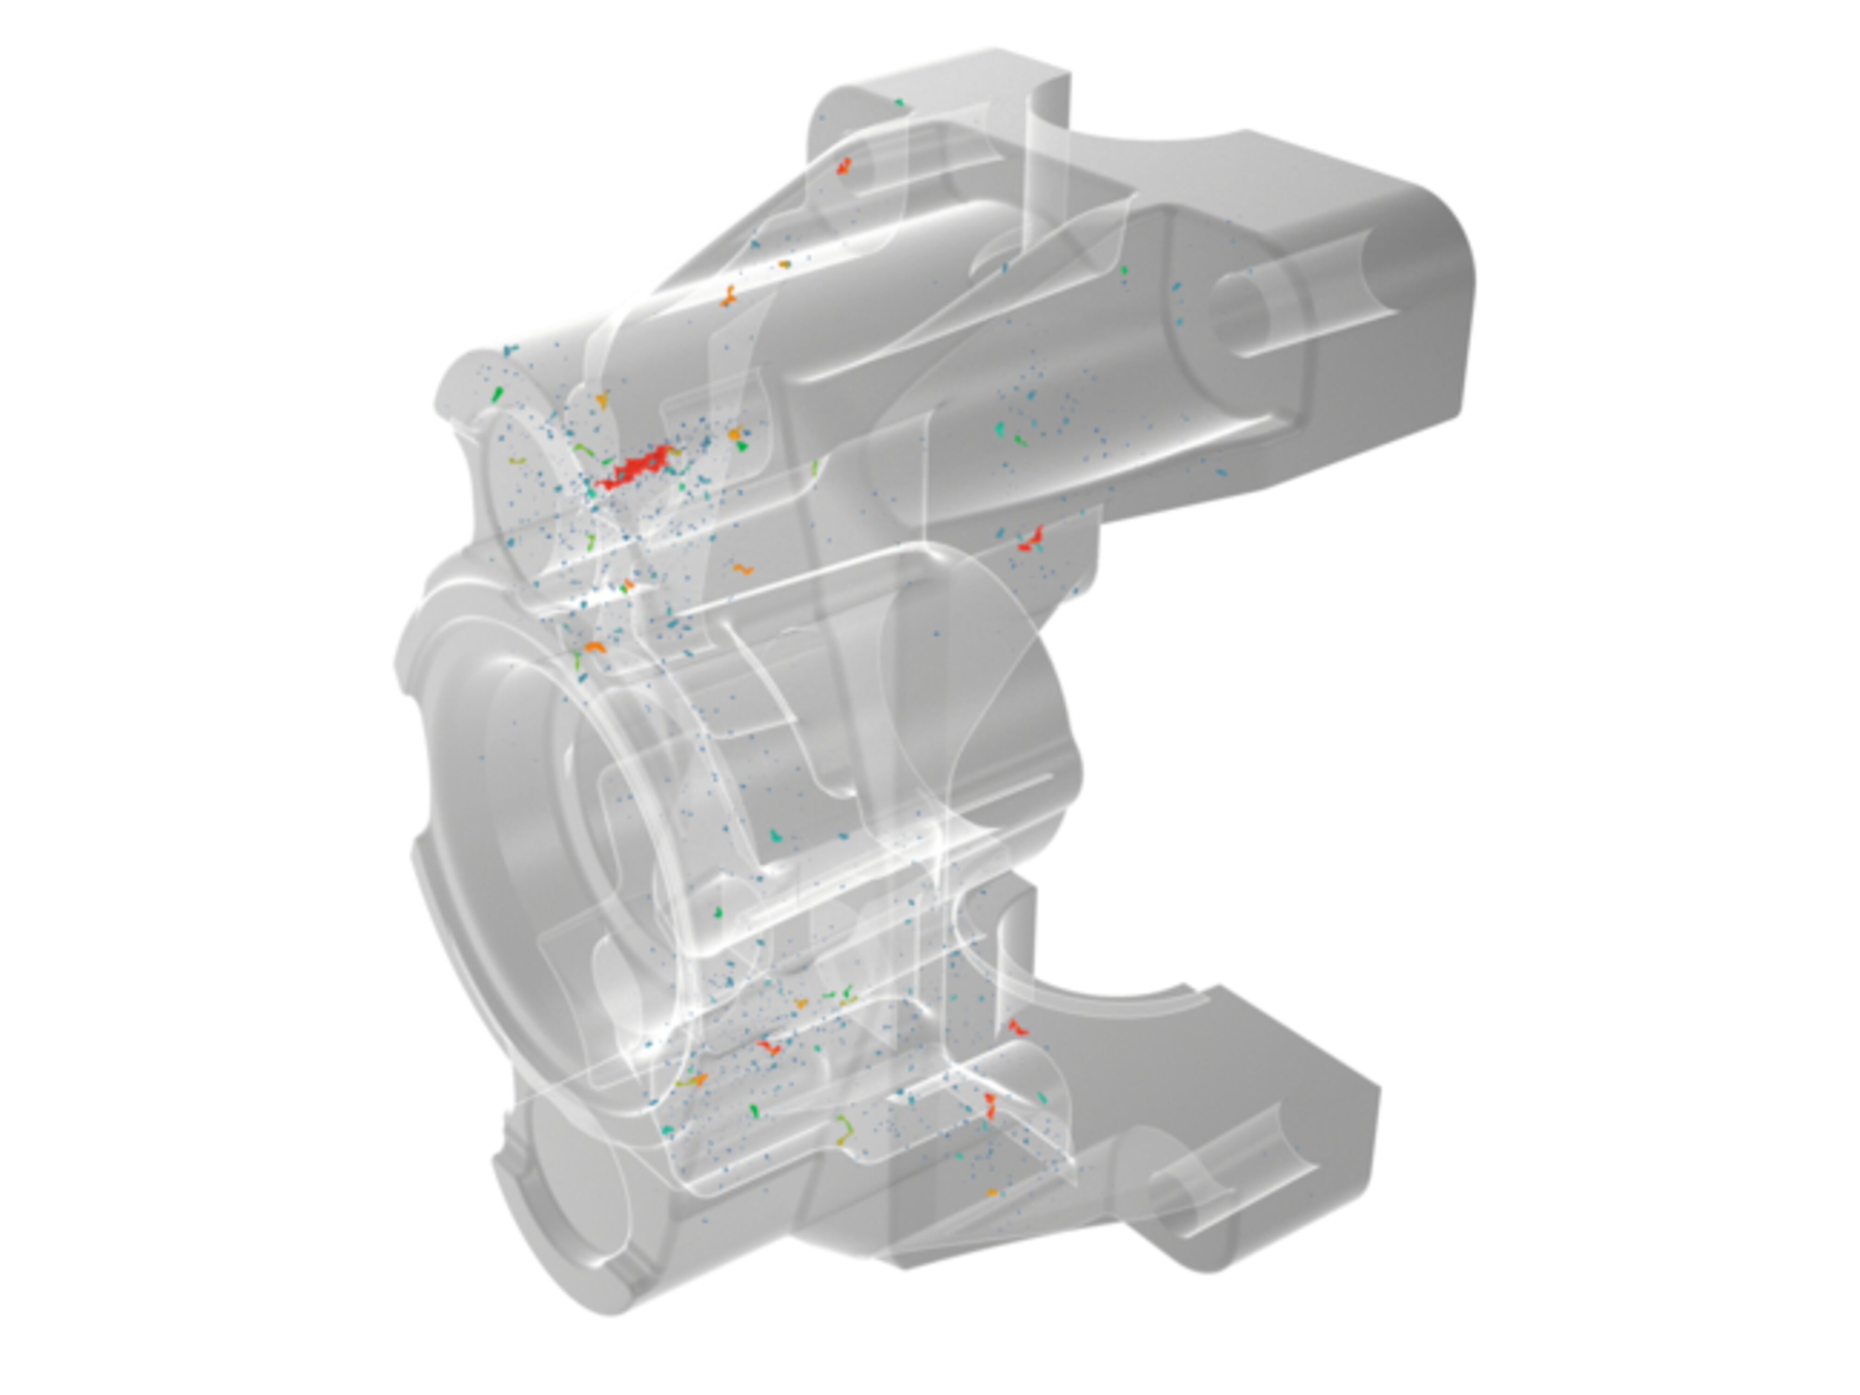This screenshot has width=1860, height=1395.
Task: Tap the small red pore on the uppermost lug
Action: pyautogui.click(x=844, y=166)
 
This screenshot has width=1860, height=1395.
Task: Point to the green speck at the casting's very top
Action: pyautogui.click(x=899, y=103)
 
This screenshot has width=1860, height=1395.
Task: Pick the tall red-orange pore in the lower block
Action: pyautogui.click(x=990, y=1106)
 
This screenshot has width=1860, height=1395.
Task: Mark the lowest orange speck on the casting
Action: pyautogui.click(x=991, y=1192)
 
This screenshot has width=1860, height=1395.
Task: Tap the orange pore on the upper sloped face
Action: pyautogui.click(x=728, y=296)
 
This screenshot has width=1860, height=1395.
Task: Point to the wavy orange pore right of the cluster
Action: pyautogui.click(x=741, y=569)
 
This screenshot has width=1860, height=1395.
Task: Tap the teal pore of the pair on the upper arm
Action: pyautogui.click(x=1000, y=430)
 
